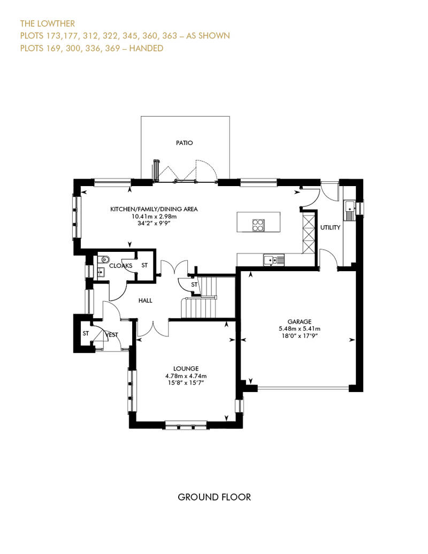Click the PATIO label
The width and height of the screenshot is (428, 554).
tap(185, 143)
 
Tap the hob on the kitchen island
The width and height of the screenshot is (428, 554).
tap(258, 225)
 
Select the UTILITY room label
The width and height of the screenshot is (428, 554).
tap(330, 228)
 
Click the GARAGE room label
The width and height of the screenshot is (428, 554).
tap(300, 321)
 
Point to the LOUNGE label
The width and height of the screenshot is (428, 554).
tap(186, 368)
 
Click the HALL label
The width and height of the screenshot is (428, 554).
tap(146, 301)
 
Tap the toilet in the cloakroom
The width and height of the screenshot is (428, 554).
tap(103, 260)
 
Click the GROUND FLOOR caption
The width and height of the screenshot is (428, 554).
tap(214, 497)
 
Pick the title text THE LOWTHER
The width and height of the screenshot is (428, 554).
tap(48, 24)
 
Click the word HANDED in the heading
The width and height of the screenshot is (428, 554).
tap(146, 48)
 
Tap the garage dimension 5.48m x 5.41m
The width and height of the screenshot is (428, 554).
tap(300, 328)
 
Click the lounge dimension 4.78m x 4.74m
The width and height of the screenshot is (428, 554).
tap(186, 376)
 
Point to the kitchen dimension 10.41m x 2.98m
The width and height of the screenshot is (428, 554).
tap(154, 216)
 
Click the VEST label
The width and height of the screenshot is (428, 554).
tap(112, 335)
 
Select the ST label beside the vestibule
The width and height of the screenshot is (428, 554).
tap(86, 333)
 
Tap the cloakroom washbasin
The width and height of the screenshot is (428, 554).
tap(101, 272)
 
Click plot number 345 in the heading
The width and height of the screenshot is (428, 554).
tap(131, 36)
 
